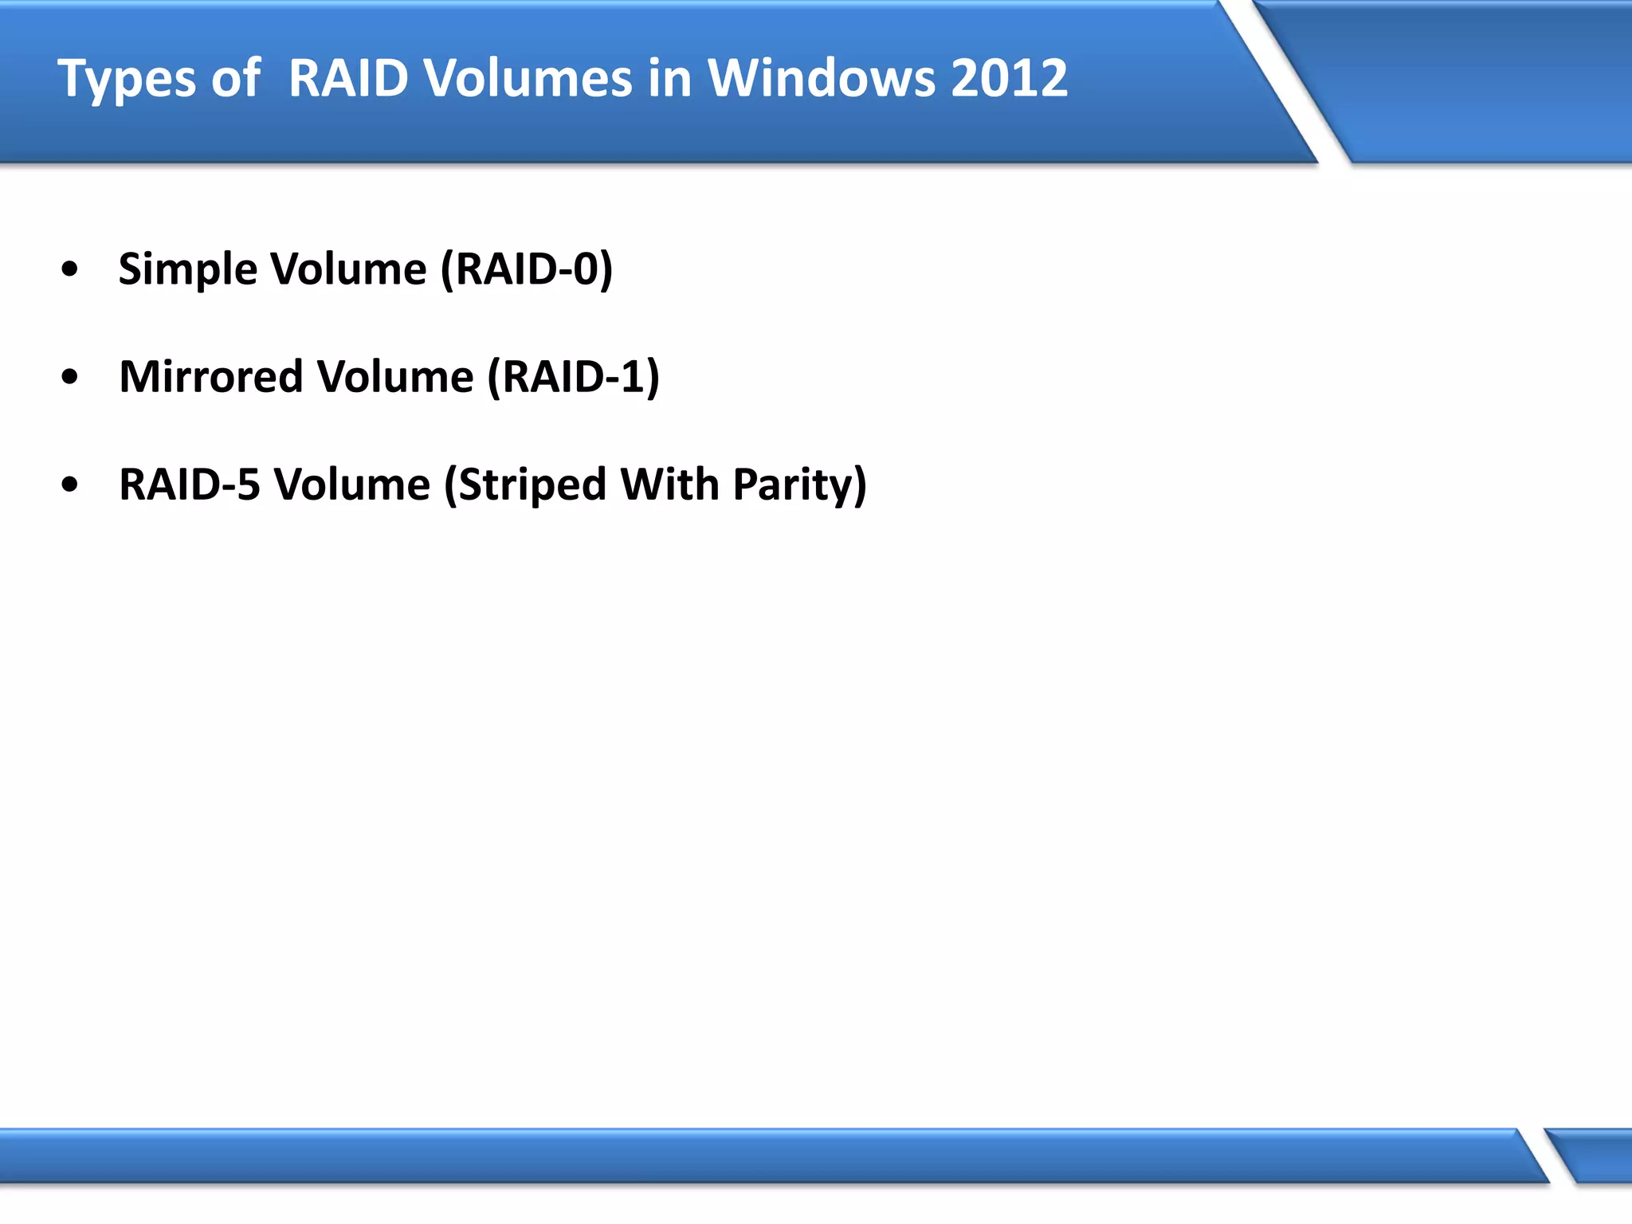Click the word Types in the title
(x=126, y=80)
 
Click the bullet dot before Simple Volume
(x=70, y=269)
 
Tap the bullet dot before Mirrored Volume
(x=70, y=377)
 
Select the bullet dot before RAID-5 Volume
(x=70, y=484)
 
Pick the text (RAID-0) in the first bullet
(x=527, y=269)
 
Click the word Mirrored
(x=210, y=377)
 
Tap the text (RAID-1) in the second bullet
(x=573, y=377)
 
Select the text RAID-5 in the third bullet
(x=189, y=484)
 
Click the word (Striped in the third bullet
(x=524, y=484)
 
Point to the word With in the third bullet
(x=669, y=484)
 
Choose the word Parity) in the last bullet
(x=799, y=484)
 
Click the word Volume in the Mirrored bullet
(x=394, y=377)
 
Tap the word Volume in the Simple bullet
(x=348, y=269)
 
